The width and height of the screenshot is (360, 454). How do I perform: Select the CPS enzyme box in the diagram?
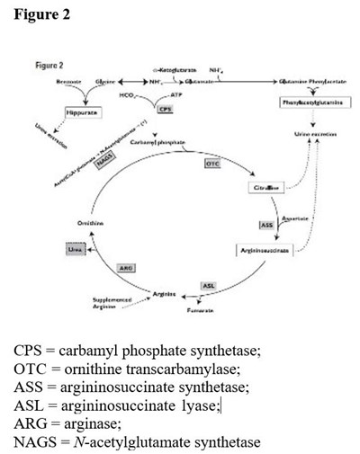coord(164,108)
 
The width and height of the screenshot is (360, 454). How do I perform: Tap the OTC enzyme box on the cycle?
coord(212,165)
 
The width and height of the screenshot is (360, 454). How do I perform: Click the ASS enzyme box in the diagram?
coord(266,224)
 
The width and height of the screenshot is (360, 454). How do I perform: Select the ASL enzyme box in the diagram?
coord(208,285)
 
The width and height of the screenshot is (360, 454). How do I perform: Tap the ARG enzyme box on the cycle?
coord(127,268)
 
